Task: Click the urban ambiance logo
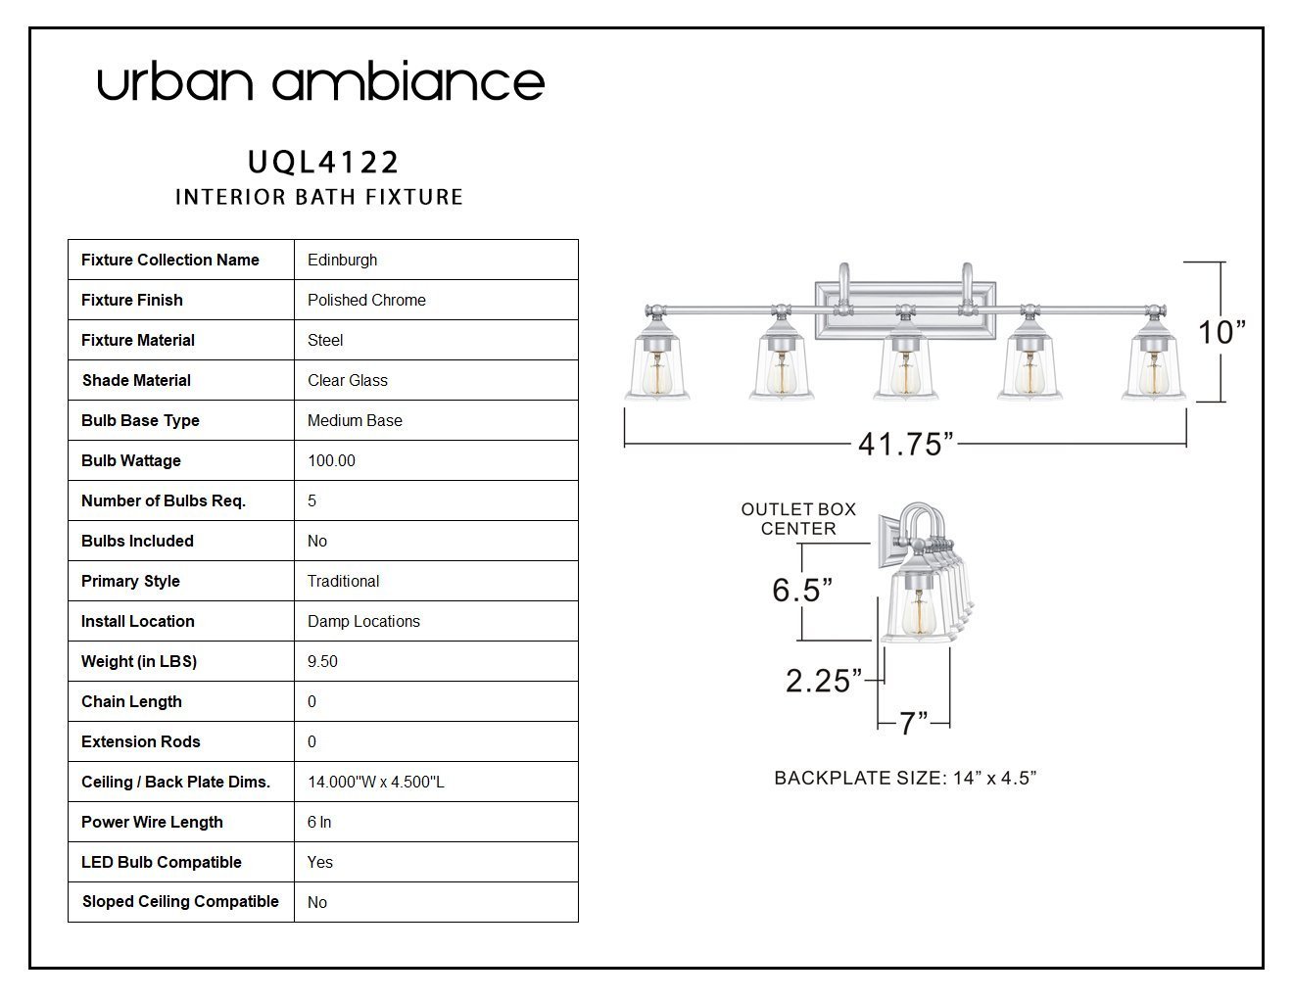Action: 320,81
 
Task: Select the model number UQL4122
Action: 323,163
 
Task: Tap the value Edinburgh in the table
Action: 342,260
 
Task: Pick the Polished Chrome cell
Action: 366,300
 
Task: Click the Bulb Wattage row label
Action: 131,460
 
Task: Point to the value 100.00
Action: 331,460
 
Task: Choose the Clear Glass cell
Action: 348,380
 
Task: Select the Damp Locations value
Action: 363,621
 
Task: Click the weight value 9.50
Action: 322,661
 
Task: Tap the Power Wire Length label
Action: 152,822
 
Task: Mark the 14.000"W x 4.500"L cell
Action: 376,782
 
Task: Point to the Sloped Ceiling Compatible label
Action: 180,901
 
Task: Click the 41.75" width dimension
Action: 906,444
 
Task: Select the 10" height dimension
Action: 1221,332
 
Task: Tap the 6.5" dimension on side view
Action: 802,591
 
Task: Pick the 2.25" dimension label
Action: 824,681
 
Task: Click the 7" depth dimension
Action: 913,724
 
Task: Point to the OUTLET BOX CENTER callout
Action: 798,519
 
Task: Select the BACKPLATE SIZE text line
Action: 905,779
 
